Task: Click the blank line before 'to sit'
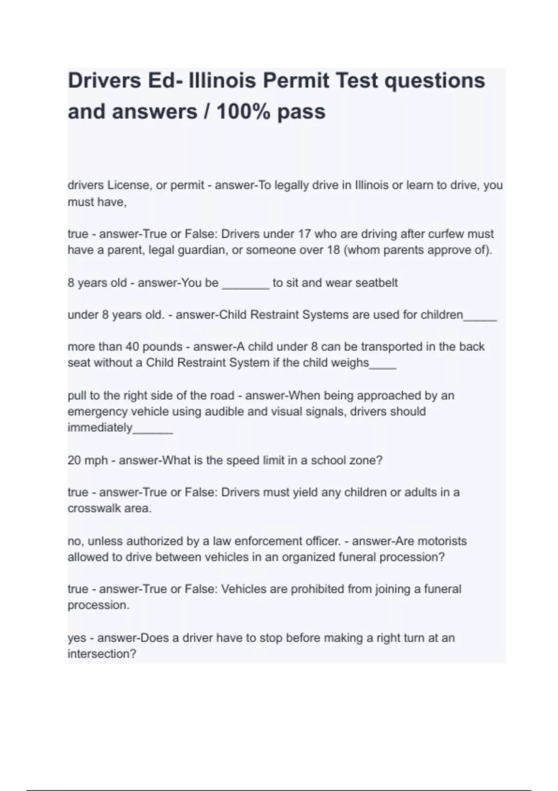click(x=246, y=284)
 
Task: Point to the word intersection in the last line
click(x=102, y=654)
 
